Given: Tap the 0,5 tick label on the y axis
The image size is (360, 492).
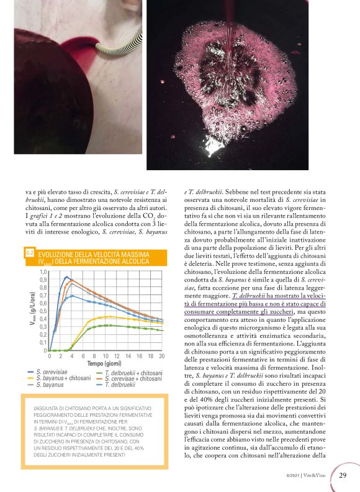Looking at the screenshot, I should tap(43, 319).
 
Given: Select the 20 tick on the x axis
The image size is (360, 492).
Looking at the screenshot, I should tap(161, 356).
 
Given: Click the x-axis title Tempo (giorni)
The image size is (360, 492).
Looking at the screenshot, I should tap(104, 363).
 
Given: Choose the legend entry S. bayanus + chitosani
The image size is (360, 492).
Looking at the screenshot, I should tap(63, 378).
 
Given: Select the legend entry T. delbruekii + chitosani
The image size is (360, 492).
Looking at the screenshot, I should tap(134, 372).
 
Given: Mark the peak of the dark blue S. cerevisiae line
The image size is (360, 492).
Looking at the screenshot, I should tap(66, 277).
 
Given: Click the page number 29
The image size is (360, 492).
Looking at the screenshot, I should tap(342, 476).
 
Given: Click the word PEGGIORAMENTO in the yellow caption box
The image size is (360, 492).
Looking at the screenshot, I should tap(61, 415).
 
